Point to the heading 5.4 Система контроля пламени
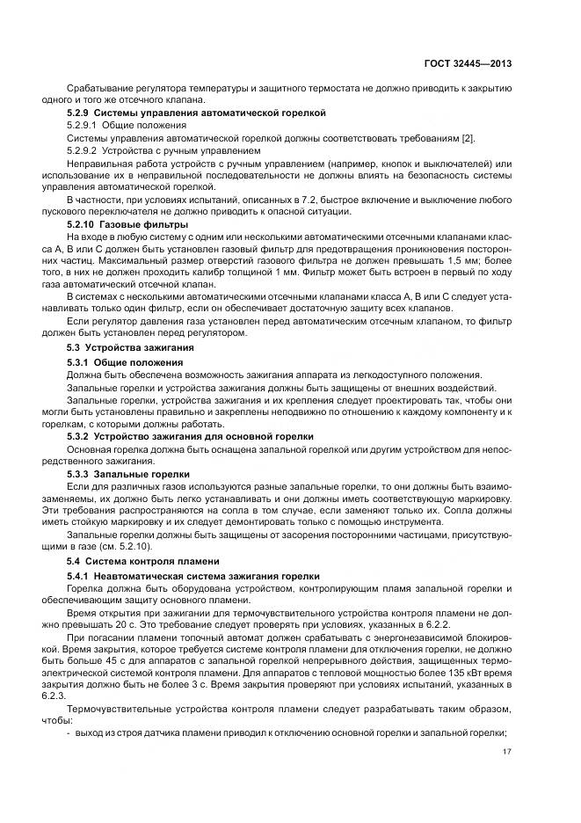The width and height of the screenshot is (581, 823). click(141, 560)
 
